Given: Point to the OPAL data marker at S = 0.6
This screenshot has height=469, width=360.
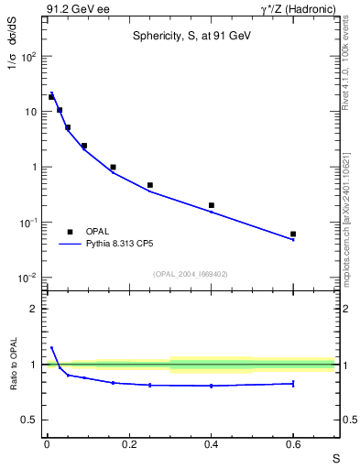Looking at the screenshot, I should click(x=293, y=234).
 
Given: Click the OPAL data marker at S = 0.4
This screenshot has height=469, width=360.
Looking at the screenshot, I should click(x=212, y=205).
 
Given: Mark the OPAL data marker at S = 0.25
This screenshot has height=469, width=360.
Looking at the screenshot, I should click(x=149, y=185).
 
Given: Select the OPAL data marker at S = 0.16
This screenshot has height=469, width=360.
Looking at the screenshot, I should click(x=113, y=168).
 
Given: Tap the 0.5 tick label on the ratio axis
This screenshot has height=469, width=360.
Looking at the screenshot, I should click(x=29, y=420).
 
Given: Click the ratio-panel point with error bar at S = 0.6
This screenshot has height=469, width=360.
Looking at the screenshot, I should click(x=293, y=383).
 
